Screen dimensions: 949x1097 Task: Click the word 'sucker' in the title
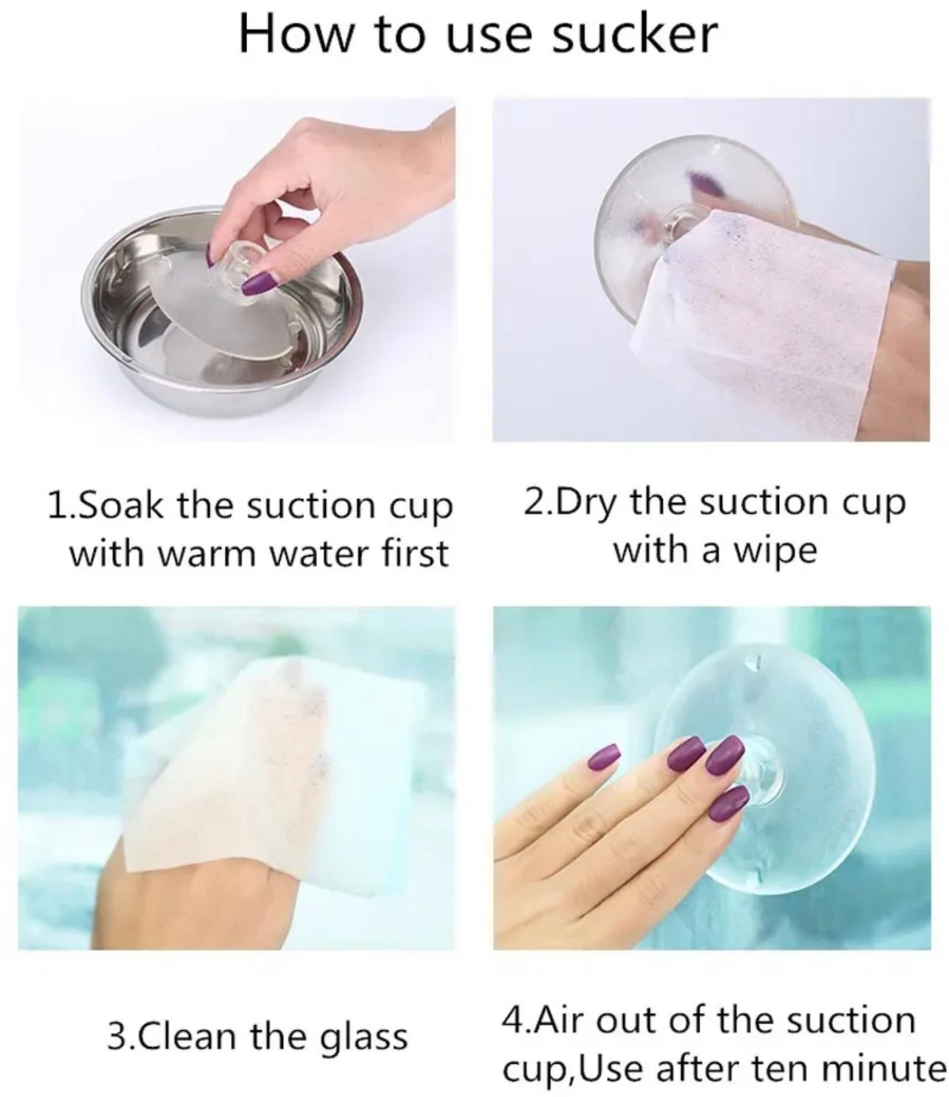pyautogui.click(x=634, y=35)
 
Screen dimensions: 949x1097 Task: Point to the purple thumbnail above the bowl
pyautogui.click(x=259, y=282)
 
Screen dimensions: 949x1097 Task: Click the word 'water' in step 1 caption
pyautogui.click(x=320, y=554)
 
